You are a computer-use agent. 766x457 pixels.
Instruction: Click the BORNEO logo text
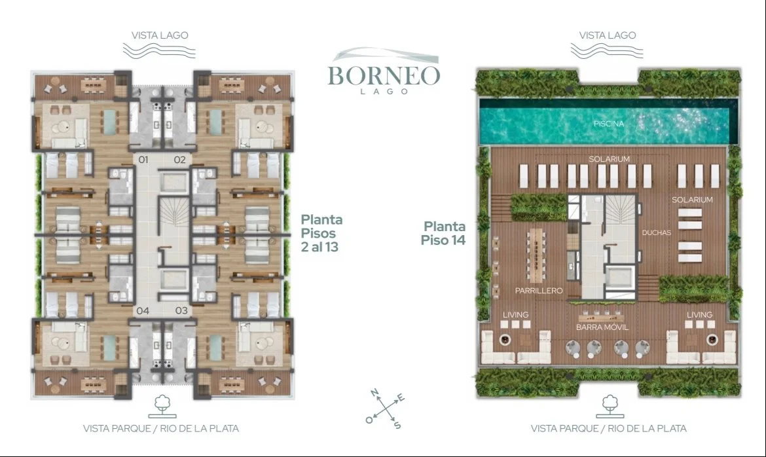[x=384, y=75]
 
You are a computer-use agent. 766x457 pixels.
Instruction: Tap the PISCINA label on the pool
[x=609, y=124]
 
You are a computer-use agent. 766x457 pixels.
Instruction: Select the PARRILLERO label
[x=539, y=290]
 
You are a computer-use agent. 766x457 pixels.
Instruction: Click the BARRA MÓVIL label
[x=602, y=327]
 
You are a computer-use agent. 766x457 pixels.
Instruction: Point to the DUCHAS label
[x=657, y=232]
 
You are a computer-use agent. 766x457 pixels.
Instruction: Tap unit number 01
[x=143, y=159]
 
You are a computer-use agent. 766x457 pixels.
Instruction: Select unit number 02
[x=180, y=159]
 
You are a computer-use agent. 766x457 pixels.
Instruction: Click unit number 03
[x=181, y=310]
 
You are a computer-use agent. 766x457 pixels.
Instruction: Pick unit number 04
[x=143, y=310]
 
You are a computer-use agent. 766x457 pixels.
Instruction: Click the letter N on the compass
[x=374, y=392]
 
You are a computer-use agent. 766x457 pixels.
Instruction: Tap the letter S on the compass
[x=397, y=425]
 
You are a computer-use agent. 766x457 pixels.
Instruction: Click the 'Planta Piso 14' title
[x=444, y=233]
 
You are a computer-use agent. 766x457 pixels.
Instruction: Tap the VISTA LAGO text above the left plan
[x=160, y=35]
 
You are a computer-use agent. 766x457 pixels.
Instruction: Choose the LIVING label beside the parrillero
[x=516, y=315]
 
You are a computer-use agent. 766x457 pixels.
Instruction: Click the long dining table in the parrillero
[x=536, y=255]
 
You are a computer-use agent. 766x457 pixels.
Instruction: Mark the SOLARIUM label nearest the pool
[x=609, y=159]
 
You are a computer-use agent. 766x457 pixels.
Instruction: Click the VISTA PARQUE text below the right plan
[x=561, y=429]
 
